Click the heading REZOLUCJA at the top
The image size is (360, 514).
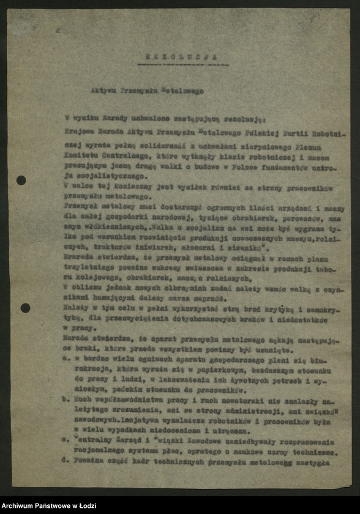point(183,56)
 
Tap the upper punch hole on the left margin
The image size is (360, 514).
point(21,180)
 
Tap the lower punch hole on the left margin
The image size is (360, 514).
point(24,308)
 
